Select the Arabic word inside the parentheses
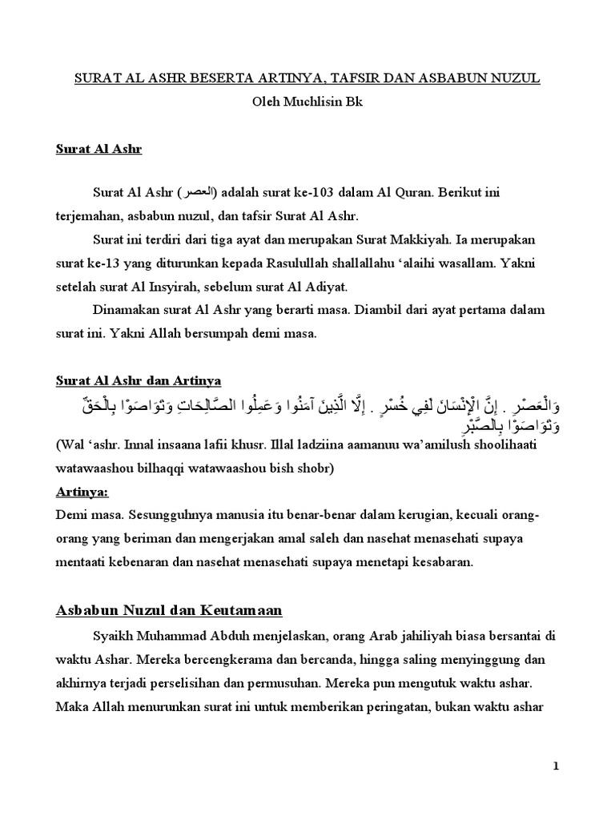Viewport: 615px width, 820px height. point(198,195)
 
